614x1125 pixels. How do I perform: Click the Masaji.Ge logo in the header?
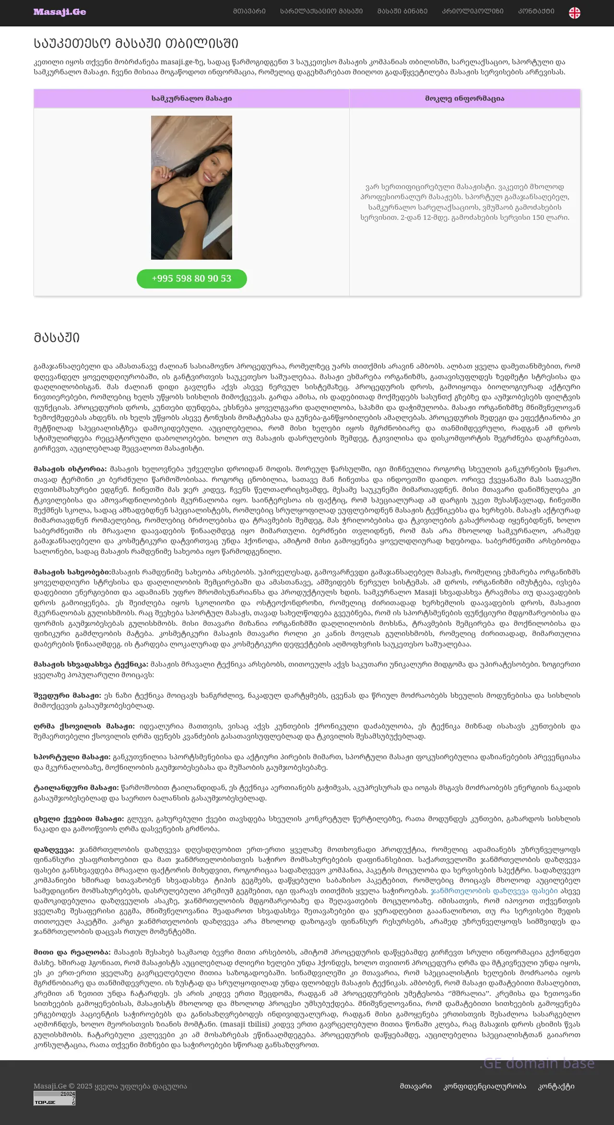[59, 12]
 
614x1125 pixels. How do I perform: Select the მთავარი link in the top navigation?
[249, 11]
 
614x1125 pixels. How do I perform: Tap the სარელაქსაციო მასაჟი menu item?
[321, 11]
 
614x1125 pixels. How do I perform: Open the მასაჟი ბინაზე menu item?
[402, 11]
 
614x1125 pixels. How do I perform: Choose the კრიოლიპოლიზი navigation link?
[472, 11]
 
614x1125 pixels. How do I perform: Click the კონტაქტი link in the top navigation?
[536, 11]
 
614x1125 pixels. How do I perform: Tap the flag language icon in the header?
[574, 13]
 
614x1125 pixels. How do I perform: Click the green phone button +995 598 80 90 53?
[191, 279]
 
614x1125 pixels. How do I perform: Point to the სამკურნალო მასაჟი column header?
[191, 98]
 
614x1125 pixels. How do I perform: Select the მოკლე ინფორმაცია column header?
[464, 98]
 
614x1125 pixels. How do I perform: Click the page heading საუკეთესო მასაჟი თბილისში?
[136, 44]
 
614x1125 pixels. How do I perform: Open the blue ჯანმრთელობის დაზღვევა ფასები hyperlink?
[494, 891]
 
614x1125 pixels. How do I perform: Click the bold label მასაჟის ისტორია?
[70, 469]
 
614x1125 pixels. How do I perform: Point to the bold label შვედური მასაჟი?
[67, 695]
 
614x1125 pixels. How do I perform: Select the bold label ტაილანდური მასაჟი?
[76, 788]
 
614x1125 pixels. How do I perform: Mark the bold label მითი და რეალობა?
[72, 952]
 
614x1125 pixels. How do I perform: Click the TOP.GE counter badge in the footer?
[54, 1098]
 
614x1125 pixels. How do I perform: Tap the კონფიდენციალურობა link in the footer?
[484, 1086]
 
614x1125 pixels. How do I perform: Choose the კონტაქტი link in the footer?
[556, 1086]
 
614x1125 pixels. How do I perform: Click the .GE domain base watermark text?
[537, 1064]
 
